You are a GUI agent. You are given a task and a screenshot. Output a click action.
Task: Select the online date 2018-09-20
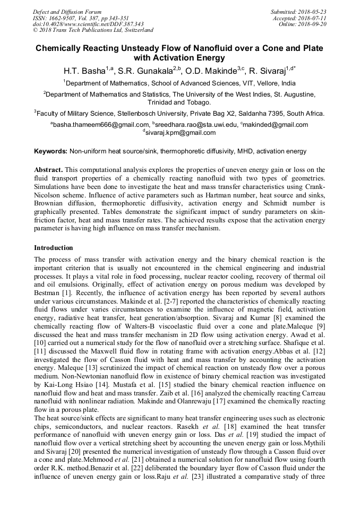[x=314, y=24]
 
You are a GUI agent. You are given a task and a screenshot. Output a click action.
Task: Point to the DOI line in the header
[x=89, y=24]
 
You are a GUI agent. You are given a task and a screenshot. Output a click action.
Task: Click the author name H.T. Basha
[x=84, y=71]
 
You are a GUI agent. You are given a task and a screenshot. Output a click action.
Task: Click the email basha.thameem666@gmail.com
[x=100, y=125]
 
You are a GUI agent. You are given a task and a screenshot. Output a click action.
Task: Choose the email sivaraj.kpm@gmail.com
[x=181, y=133]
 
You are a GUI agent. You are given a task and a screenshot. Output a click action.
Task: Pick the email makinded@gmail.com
[x=276, y=125]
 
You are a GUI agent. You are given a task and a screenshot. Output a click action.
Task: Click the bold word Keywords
[x=50, y=151]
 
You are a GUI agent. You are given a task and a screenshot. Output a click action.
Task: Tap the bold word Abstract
[x=48, y=169]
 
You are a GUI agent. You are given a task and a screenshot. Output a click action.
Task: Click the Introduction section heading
[x=54, y=248]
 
